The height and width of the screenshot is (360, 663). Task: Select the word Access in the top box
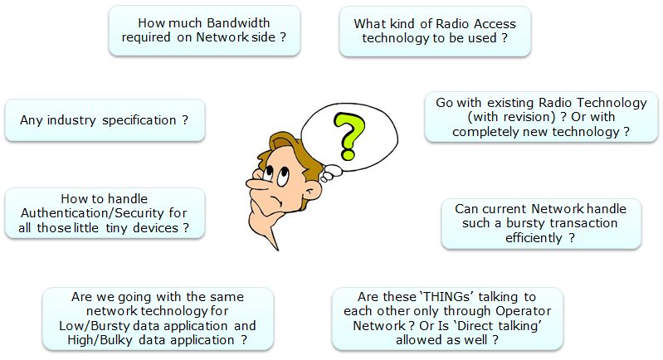[x=495, y=24]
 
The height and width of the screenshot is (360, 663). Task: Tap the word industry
[x=71, y=120]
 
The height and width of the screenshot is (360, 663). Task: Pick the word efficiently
[x=534, y=238]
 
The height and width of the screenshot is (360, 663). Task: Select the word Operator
[x=524, y=311]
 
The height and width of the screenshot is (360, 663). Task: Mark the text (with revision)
[x=511, y=117]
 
